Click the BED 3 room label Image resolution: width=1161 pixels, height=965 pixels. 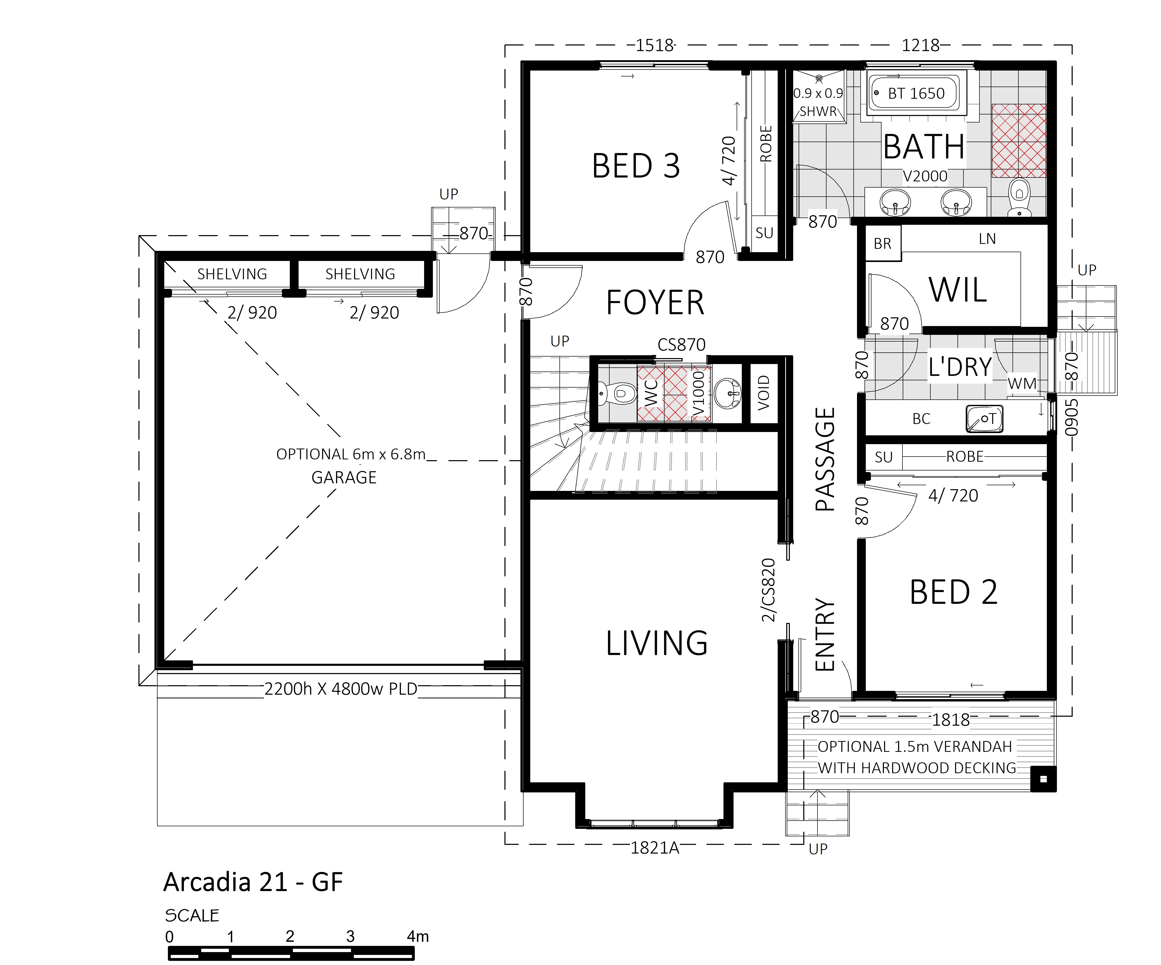coord(636,166)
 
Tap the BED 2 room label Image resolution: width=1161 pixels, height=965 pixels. coord(954,592)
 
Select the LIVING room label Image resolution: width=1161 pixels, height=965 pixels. coord(657,643)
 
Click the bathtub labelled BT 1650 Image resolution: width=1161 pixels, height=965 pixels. coord(916,93)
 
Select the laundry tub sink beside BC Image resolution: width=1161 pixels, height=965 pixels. coord(984,419)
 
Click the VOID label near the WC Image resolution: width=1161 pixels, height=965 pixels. coord(763,393)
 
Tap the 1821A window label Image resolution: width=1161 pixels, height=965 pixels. coord(655,848)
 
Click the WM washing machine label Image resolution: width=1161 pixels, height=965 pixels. coord(1022,383)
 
